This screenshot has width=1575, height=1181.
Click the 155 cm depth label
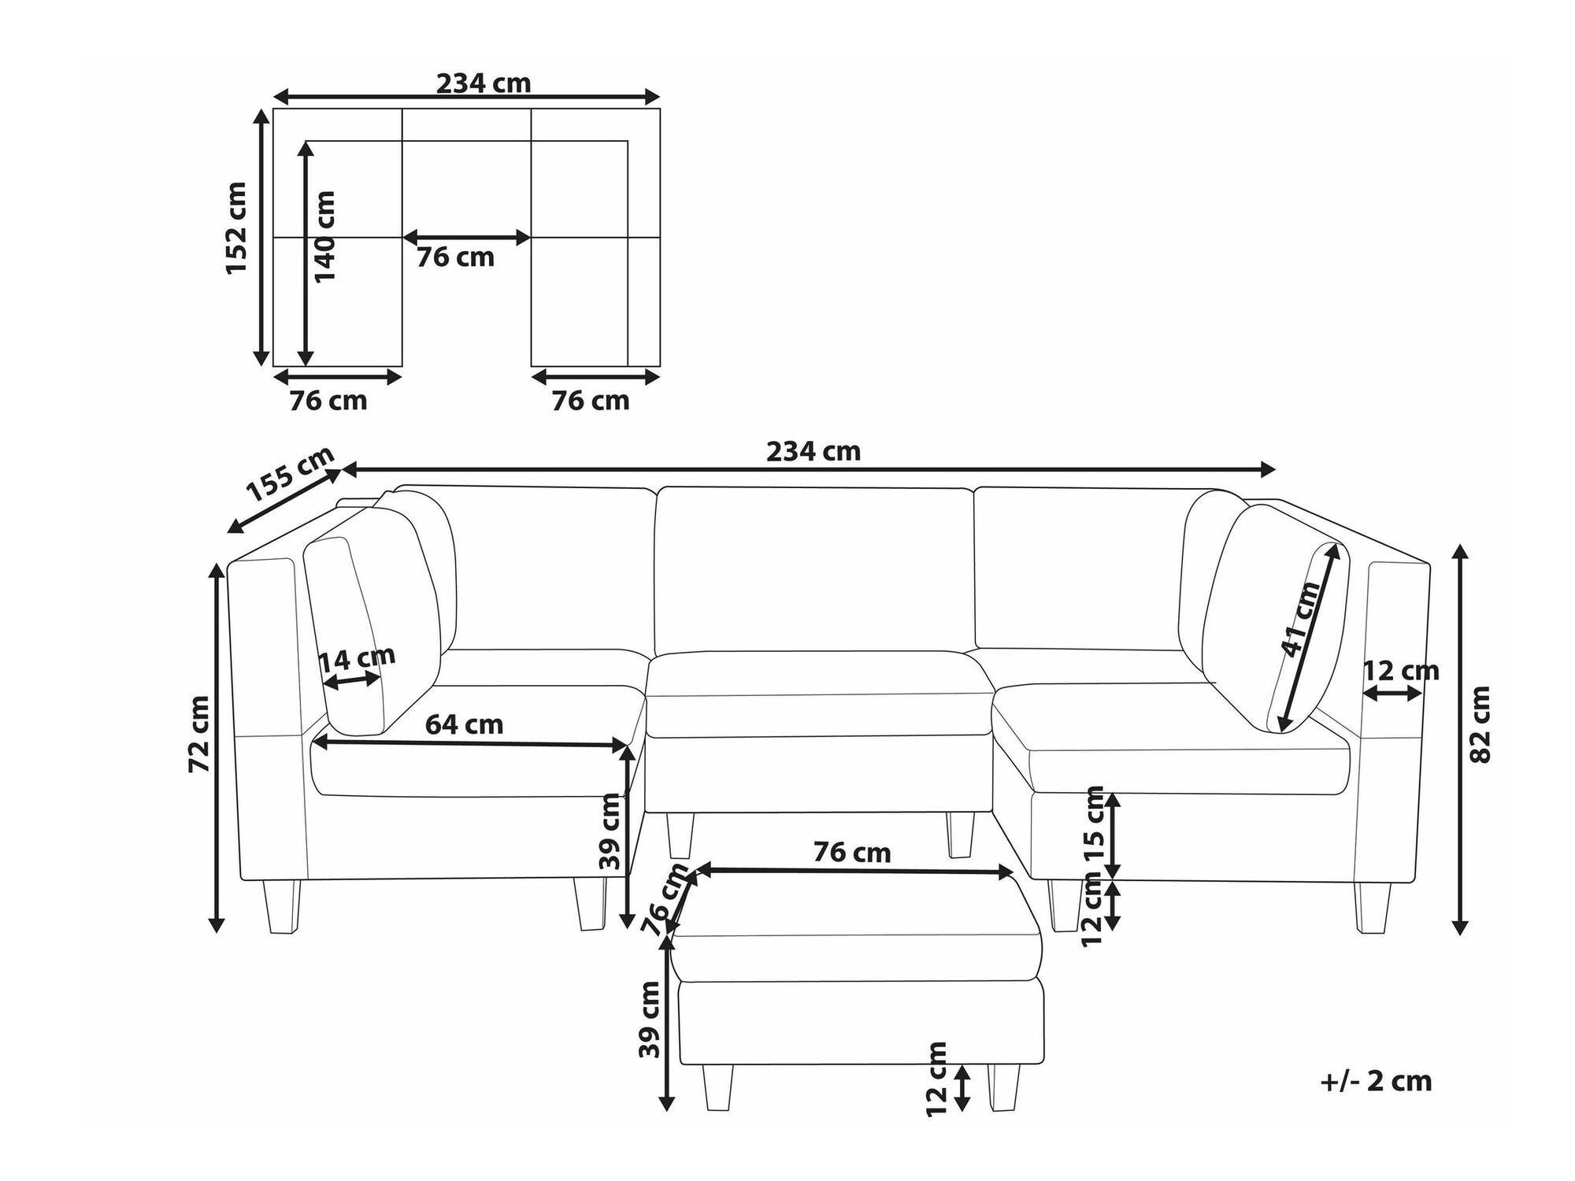click(291, 474)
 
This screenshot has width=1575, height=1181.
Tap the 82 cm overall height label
click(1480, 724)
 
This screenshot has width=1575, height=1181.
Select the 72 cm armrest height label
click(199, 734)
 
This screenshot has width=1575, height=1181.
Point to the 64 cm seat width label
click(464, 724)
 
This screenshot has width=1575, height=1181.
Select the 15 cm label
click(1095, 825)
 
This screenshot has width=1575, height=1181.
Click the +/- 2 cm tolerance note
click(1376, 1081)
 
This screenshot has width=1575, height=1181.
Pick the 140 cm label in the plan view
click(324, 236)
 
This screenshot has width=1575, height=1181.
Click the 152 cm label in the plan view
click(236, 228)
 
